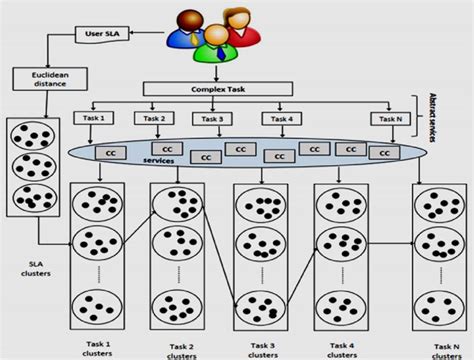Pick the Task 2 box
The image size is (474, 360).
(153, 118)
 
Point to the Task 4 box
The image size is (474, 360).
(282, 118)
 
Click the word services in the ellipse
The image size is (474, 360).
(158, 160)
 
